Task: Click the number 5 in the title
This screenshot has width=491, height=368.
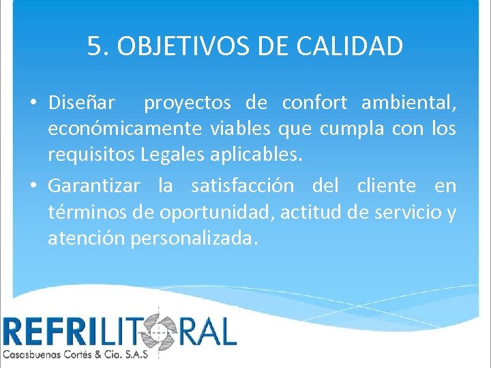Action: (x=94, y=46)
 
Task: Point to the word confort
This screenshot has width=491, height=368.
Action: (x=314, y=103)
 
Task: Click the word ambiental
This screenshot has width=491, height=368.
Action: (x=408, y=103)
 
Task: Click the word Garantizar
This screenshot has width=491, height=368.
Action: (x=94, y=185)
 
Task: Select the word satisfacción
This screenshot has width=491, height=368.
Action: (x=243, y=185)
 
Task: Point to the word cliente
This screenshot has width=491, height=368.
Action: (x=387, y=185)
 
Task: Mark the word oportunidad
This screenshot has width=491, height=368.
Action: (x=219, y=212)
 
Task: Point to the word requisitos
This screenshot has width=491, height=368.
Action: (x=91, y=155)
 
